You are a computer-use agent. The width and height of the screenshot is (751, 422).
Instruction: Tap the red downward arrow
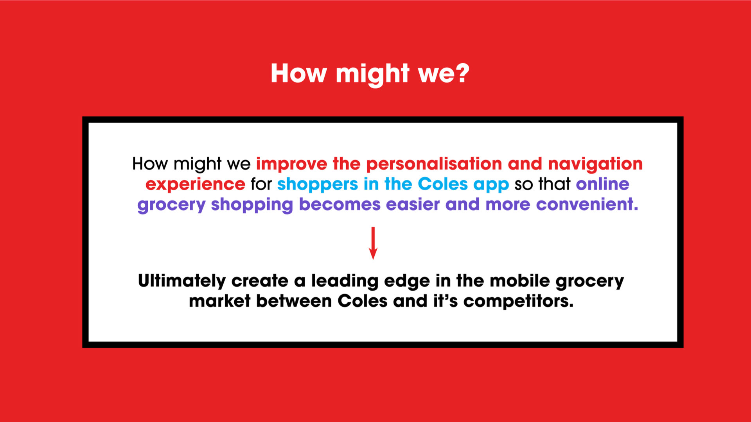pos(373,243)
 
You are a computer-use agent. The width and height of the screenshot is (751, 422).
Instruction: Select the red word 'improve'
pos(292,165)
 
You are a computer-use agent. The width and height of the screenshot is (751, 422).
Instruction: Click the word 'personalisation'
pos(434,164)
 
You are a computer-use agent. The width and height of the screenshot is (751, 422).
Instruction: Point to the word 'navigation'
pos(595,165)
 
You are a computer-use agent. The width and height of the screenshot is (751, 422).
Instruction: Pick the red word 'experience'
pos(195,185)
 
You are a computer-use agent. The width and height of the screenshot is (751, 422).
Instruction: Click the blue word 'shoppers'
pos(318,185)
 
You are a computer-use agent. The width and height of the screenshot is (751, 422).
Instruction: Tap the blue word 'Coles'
pos(443,184)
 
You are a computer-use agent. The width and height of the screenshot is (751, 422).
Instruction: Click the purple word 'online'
pos(603,184)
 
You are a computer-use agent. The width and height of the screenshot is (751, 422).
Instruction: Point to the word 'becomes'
pos(340,204)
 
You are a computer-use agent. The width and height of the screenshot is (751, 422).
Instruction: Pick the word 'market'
pos(220,301)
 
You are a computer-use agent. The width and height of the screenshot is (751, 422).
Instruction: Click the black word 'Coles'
pos(363,301)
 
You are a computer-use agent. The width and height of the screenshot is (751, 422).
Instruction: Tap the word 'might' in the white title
pos(373,74)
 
